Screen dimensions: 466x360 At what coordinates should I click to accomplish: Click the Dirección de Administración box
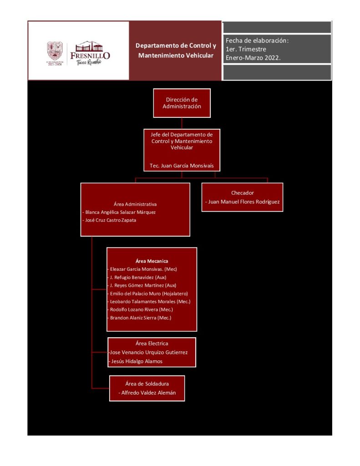182,103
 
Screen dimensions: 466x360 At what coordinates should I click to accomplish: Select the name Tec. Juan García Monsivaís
182,166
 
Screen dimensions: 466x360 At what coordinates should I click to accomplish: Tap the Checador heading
242,193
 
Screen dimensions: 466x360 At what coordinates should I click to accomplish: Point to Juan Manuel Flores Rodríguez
243,202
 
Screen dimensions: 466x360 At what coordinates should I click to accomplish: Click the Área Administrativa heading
135,204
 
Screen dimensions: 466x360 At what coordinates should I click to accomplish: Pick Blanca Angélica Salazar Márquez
121,212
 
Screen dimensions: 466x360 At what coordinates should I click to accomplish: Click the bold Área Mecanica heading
152,261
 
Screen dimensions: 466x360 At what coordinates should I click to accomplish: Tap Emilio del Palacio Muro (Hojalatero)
148,294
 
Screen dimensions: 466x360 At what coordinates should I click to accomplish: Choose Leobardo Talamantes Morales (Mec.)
150,302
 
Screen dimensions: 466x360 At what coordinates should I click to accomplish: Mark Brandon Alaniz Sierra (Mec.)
140,318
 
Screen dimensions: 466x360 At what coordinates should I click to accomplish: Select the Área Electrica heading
152,344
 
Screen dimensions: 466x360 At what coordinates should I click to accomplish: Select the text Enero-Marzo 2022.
253,58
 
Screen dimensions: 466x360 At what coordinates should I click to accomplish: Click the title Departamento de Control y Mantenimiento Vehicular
176,51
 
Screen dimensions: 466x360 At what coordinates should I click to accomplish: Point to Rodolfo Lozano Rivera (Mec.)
141,309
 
